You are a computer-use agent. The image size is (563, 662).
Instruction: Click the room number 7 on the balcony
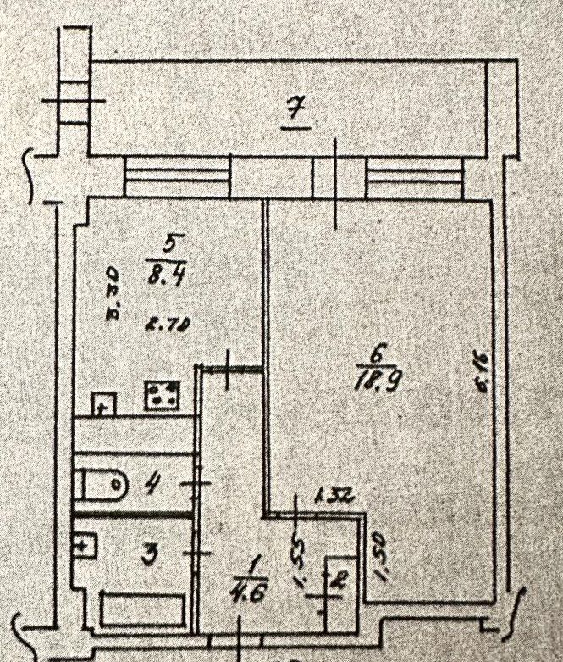(x=295, y=109)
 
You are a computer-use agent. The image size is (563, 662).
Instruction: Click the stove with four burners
(x=164, y=395)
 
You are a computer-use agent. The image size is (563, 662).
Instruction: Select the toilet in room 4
(x=103, y=485)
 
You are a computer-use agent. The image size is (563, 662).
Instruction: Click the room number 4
(x=152, y=486)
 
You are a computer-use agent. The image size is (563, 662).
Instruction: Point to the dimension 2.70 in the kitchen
(x=166, y=323)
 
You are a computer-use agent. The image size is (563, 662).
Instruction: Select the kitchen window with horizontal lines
(x=177, y=176)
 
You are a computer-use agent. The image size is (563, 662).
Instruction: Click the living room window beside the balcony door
(x=415, y=176)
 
